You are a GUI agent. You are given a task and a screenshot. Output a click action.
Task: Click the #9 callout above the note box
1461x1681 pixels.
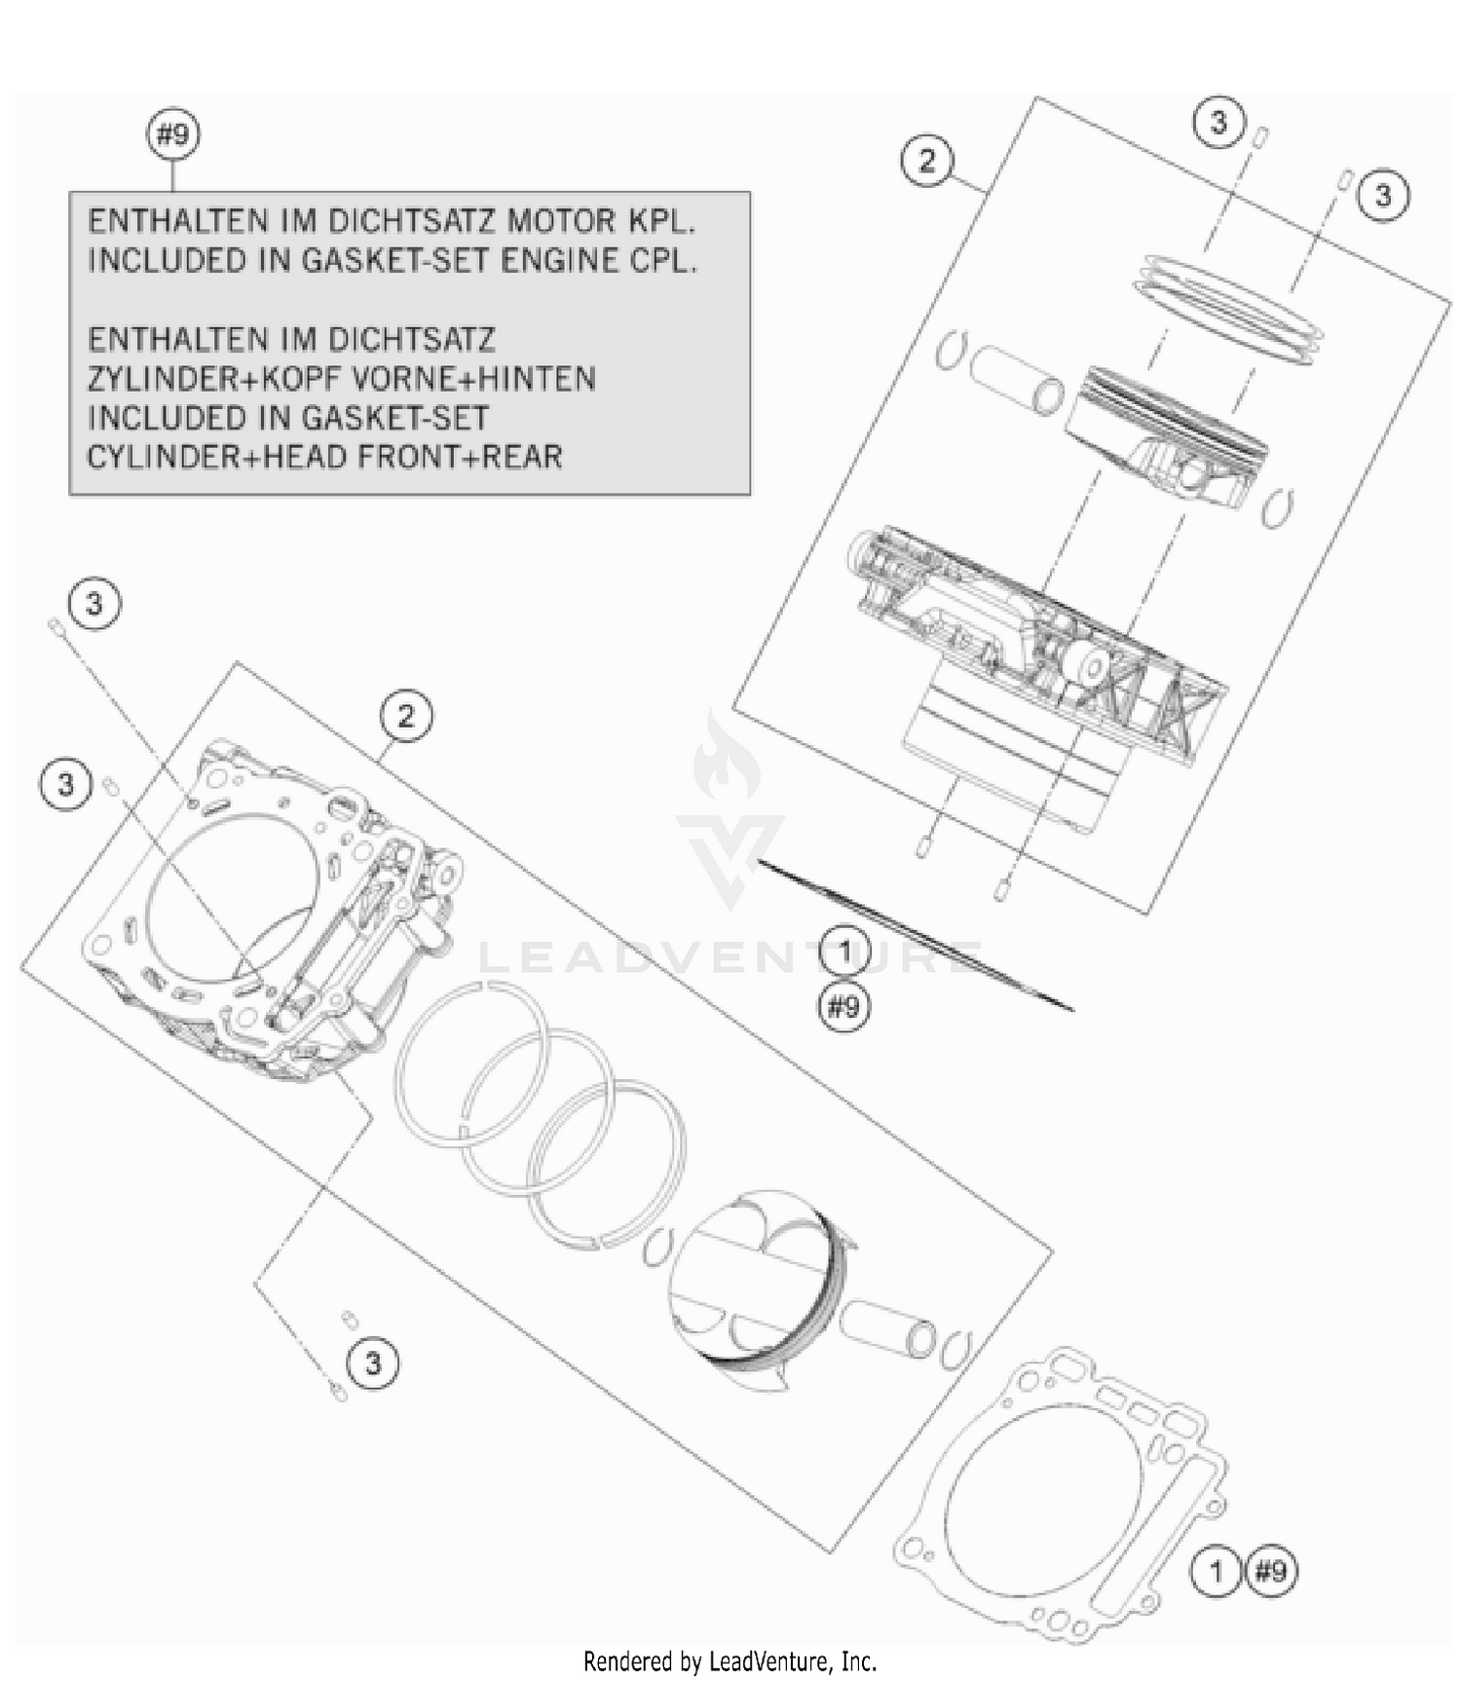coord(172,134)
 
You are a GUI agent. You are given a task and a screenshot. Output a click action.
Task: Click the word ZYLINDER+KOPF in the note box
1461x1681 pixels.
coord(184,379)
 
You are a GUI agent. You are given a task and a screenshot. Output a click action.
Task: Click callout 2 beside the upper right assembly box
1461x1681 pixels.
coord(926,161)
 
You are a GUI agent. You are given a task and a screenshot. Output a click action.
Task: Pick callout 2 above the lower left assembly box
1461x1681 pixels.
coord(405,717)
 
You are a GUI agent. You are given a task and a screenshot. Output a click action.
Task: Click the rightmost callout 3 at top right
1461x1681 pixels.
coord(1383,196)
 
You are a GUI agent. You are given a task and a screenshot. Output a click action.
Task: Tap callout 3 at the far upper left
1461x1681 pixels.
coord(94,604)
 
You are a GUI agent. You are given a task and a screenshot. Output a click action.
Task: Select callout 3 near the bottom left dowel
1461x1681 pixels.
coord(373,1363)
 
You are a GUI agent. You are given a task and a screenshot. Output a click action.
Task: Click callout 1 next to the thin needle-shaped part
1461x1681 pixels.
coord(843,953)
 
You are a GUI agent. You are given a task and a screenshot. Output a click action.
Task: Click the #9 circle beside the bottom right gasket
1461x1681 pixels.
coord(1272,1571)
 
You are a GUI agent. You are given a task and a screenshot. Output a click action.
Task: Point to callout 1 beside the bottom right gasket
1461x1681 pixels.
coord(1216,1571)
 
